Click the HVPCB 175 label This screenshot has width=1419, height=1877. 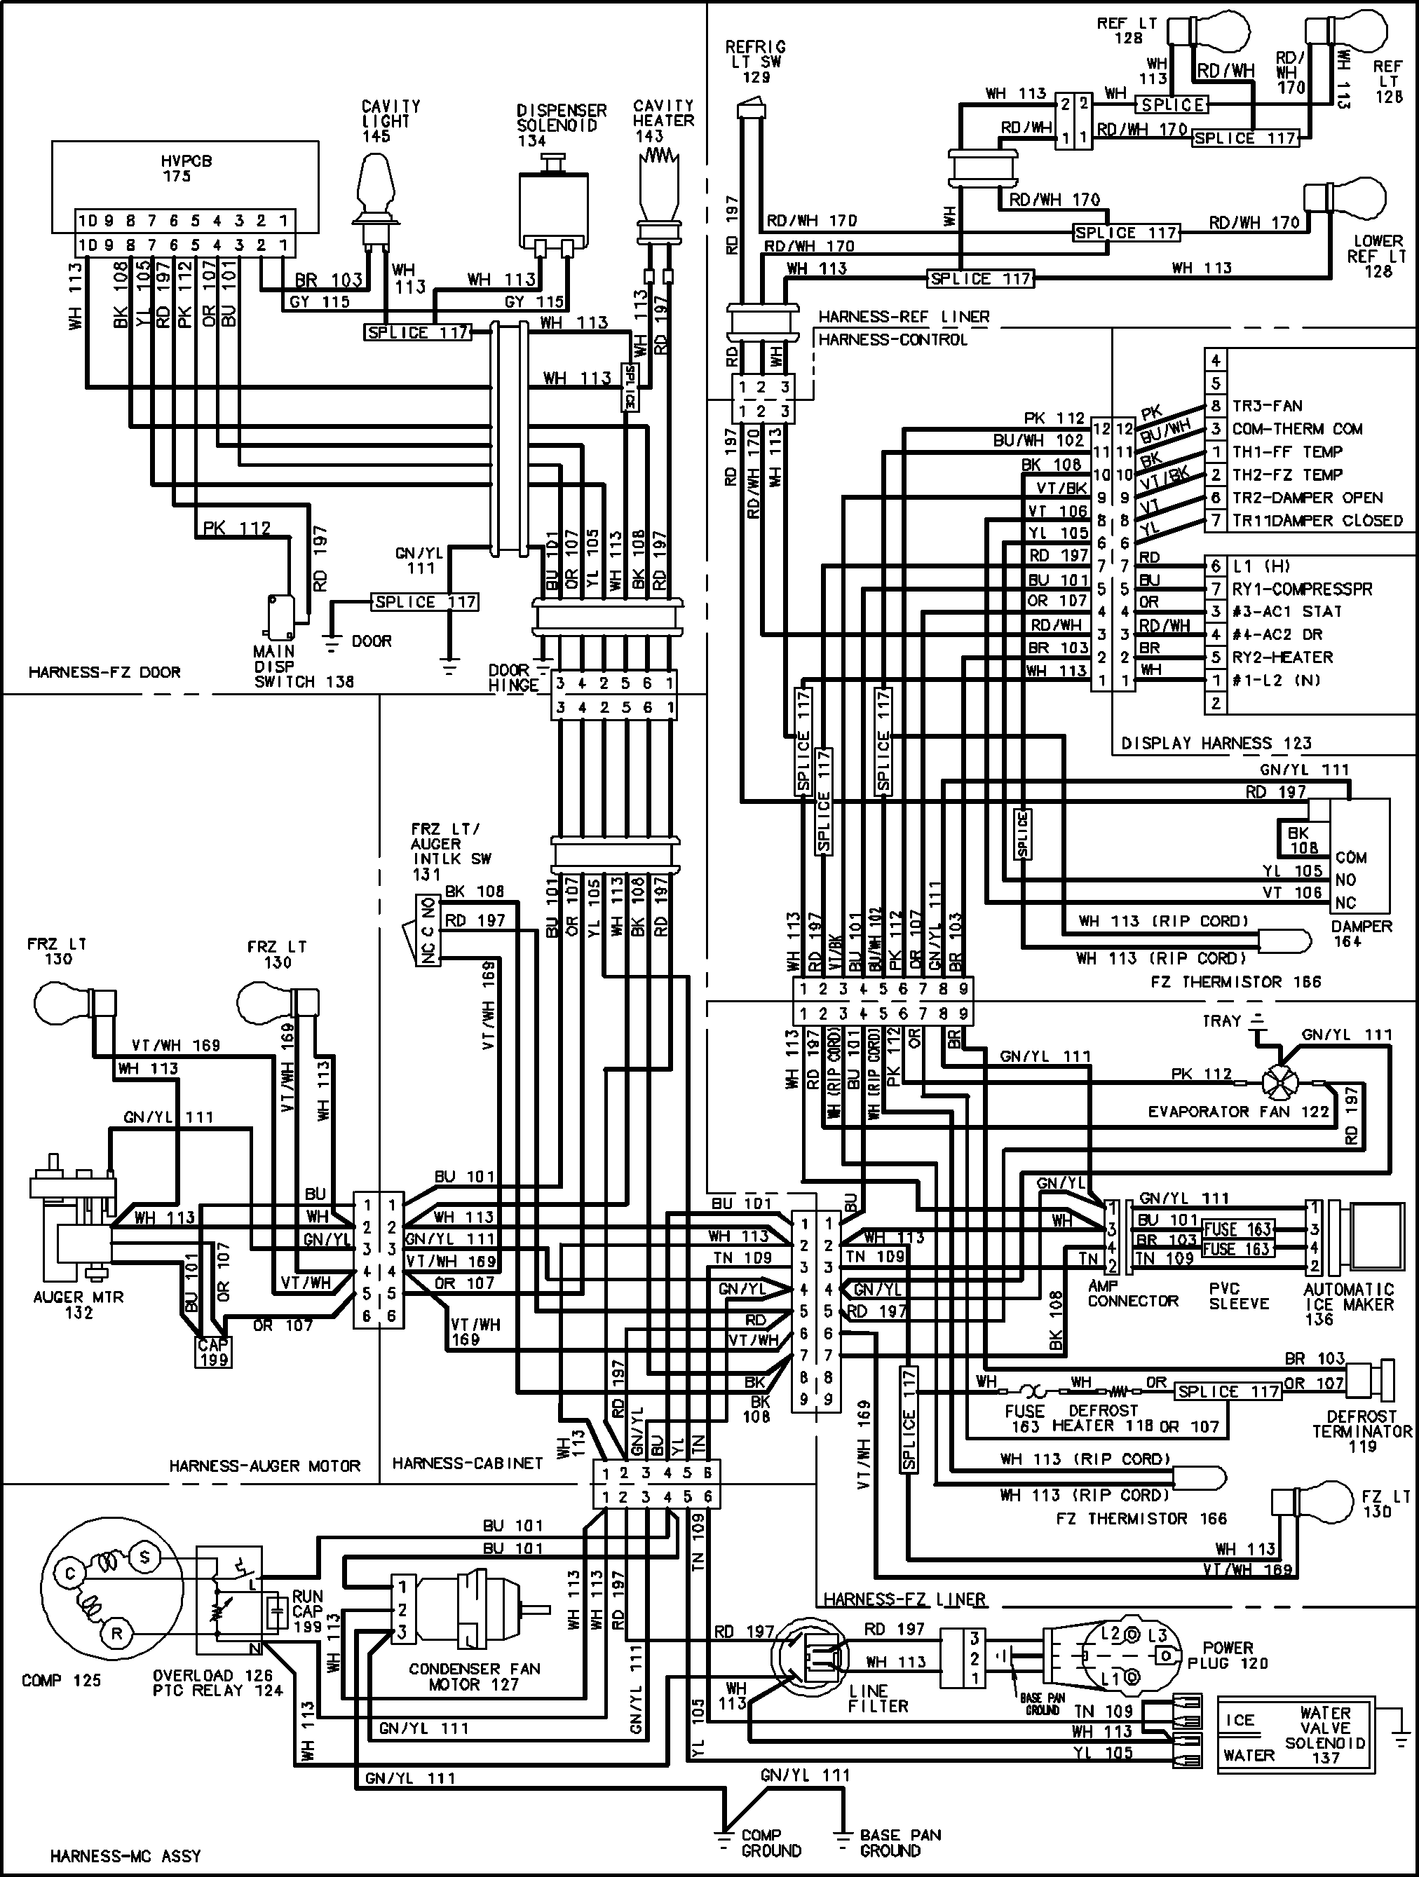tap(177, 169)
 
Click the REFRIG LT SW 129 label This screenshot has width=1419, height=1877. tap(754, 62)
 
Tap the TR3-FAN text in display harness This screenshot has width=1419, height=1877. tap(1266, 406)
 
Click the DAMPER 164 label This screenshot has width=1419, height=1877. tap(1360, 934)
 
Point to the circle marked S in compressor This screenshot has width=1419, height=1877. tap(144, 1557)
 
